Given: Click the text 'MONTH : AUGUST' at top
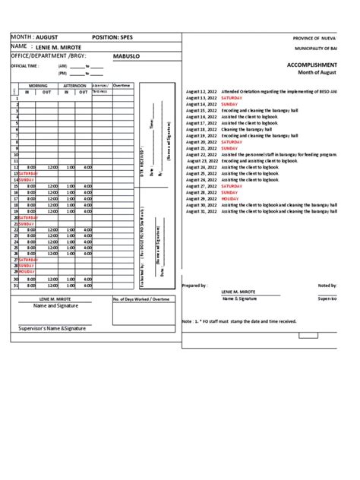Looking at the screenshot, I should pyautogui.click(x=34, y=36).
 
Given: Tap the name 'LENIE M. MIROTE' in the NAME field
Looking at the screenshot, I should pyautogui.click(x=62, y=47).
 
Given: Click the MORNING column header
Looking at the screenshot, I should pyautogui.click(x=38, y=86).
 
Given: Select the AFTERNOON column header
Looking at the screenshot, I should pyautogui.click(x=74, y=86).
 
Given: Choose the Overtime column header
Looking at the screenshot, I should pyautogui.click(x=122, y=86).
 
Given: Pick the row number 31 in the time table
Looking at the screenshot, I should pyautogui.click(x=14, y=286).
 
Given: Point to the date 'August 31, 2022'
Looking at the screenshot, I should pyautogui.click(x=201, y=212).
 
